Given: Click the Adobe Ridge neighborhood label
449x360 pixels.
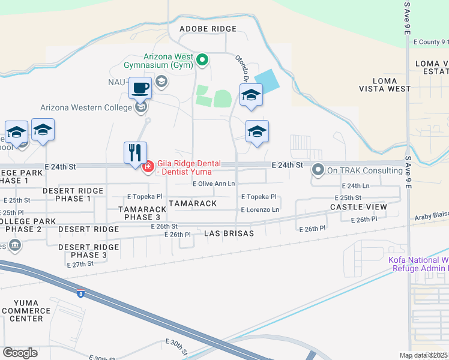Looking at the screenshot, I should pyautogui.click(x=208, y=29).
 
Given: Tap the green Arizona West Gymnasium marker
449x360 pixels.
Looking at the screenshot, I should pyautogui.click(x=203, y=59).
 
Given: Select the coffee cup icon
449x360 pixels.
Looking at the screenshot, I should pyautogui.click(x=140, y=88).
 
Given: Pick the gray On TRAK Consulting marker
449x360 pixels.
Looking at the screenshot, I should pyautogui.click(x=318, y=170).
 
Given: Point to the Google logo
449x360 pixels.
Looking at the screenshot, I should pyautogui.click(x=20, y=352).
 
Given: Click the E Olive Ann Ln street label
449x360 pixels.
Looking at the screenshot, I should pyautogui.click(x=214, y=184).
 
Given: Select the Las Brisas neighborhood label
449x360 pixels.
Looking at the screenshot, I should pyautogui.click(x=229, y=233).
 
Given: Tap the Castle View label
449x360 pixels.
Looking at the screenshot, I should pyautogui.click(x=359, y=206).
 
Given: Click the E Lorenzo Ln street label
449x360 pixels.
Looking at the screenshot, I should pyautogui.click(x=260, y=210).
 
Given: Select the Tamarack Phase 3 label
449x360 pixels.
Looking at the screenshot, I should pyautogui.click(x=139, y=213).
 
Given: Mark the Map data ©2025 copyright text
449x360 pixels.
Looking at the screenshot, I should pyautogui.click(x=424, y=355).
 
